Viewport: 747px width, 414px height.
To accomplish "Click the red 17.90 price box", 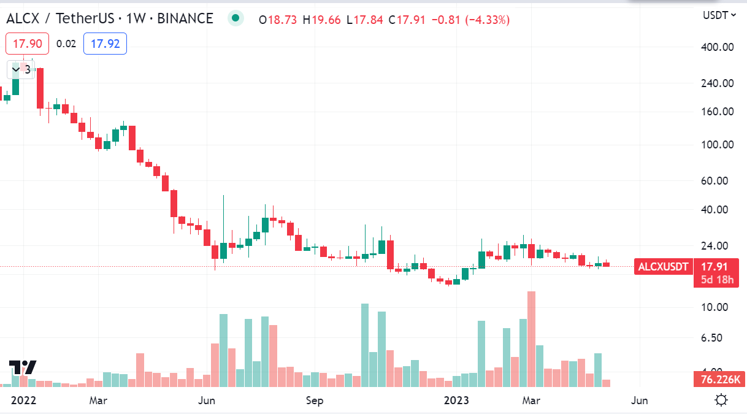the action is pos(28,44).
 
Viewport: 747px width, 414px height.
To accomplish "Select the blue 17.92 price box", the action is pos(105,44).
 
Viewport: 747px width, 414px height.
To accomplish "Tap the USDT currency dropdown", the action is pos(719,15).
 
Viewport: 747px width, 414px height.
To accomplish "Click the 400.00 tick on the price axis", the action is pos(718,47).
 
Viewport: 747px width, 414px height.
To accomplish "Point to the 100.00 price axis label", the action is pos(718,145).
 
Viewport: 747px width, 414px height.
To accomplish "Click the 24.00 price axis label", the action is pos(714,246).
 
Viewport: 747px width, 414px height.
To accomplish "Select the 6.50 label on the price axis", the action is pos(711,337).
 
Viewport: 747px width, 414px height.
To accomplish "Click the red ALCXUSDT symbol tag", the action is pos(664,267).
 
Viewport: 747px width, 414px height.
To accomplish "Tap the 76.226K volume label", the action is pos(720,379).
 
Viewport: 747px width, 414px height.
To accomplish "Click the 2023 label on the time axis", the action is pos(456,400).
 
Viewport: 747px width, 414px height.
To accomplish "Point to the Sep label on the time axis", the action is pos(315,400).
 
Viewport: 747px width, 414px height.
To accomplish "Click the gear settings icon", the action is pos(721,400).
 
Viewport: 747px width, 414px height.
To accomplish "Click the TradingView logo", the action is pos(22,367).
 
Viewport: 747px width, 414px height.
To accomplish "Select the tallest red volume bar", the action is pos(531,339).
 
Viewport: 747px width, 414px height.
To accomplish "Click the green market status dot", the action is pos(236,18).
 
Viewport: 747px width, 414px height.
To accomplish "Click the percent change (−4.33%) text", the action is pos(487,20).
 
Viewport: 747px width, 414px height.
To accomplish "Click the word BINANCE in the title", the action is pos(185,18).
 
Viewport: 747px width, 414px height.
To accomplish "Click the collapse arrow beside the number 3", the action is pos(16,69).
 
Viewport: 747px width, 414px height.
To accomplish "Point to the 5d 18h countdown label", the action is pos(717,280).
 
